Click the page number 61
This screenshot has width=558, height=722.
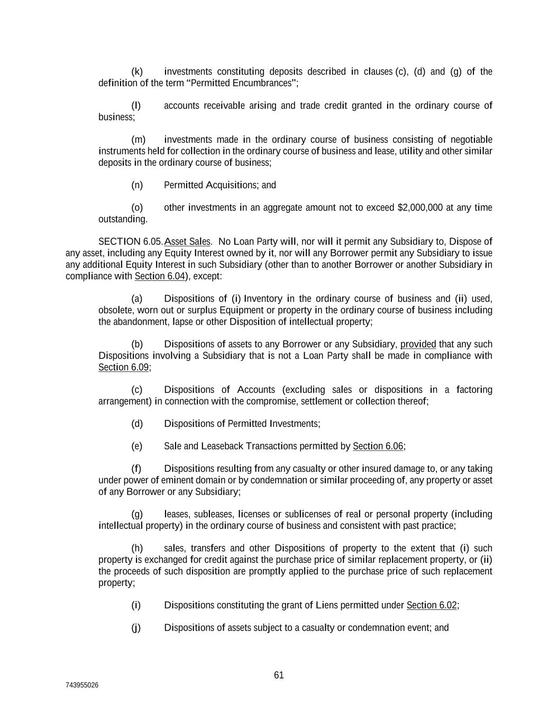pyautogui.click(x=279, y=675)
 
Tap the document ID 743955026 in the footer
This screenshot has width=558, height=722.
pyautogui.click(x=82, y=686)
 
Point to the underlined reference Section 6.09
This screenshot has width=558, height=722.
pyautogui.click(x=123, y=367)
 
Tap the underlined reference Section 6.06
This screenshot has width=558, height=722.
pyautogui.click(x=378, y=446)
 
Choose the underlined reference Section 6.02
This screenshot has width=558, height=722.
pyautogui.click(x=431, y=605)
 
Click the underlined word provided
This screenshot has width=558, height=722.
pyautogui.click(x=418, y=344)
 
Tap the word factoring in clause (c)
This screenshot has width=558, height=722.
pyautogui.click(x=474, y=390)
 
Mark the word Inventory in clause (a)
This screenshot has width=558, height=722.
pyautogui.click(x=263, y=299)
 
